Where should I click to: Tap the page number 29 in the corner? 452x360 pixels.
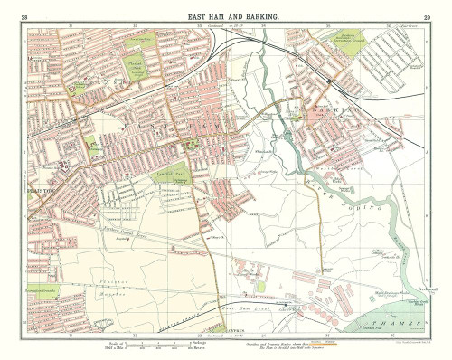pyautogui.click(x=425, y=17)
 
